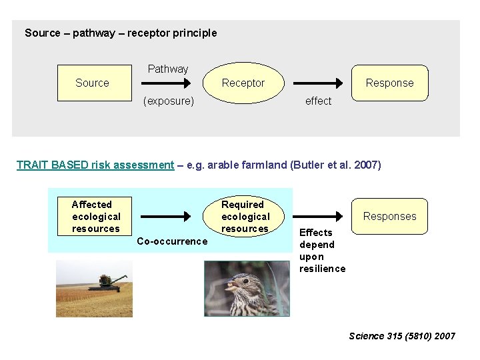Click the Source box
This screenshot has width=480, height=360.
pyautogui.click(x=93, y=83)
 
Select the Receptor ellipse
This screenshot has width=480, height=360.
pyautogui.click(x=243, y=83)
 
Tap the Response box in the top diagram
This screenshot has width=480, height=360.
pyautogui.click(x=389, y=83)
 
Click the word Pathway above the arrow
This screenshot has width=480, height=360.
pyautogui.click(x=168, y=69)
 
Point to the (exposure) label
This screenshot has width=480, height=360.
pyautogui.click(x=169, y=101)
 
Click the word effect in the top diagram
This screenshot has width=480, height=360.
pyautogui.click(x=318, y=101)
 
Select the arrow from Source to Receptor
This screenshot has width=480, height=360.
pyautogui.click(x=165, y=84)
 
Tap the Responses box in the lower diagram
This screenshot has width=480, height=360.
pyautogui.click(x=389, y=216)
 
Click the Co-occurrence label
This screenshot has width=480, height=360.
pyautogui.click(x=172, y=241)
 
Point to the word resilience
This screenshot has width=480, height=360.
pyautogui.click(x=323, y=269)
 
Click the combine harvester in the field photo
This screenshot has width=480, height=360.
pyautogui.click(x=105, y=282)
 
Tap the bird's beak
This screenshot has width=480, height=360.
pyautogui.click(x=231, y=290)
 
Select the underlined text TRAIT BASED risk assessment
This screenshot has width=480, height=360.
pyautogui.click(x=95, y=165)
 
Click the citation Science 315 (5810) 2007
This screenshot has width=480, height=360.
pyautogui.click(x=402, y=336)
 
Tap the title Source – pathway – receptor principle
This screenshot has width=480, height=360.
pyautogui.click(x=121, y=33)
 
